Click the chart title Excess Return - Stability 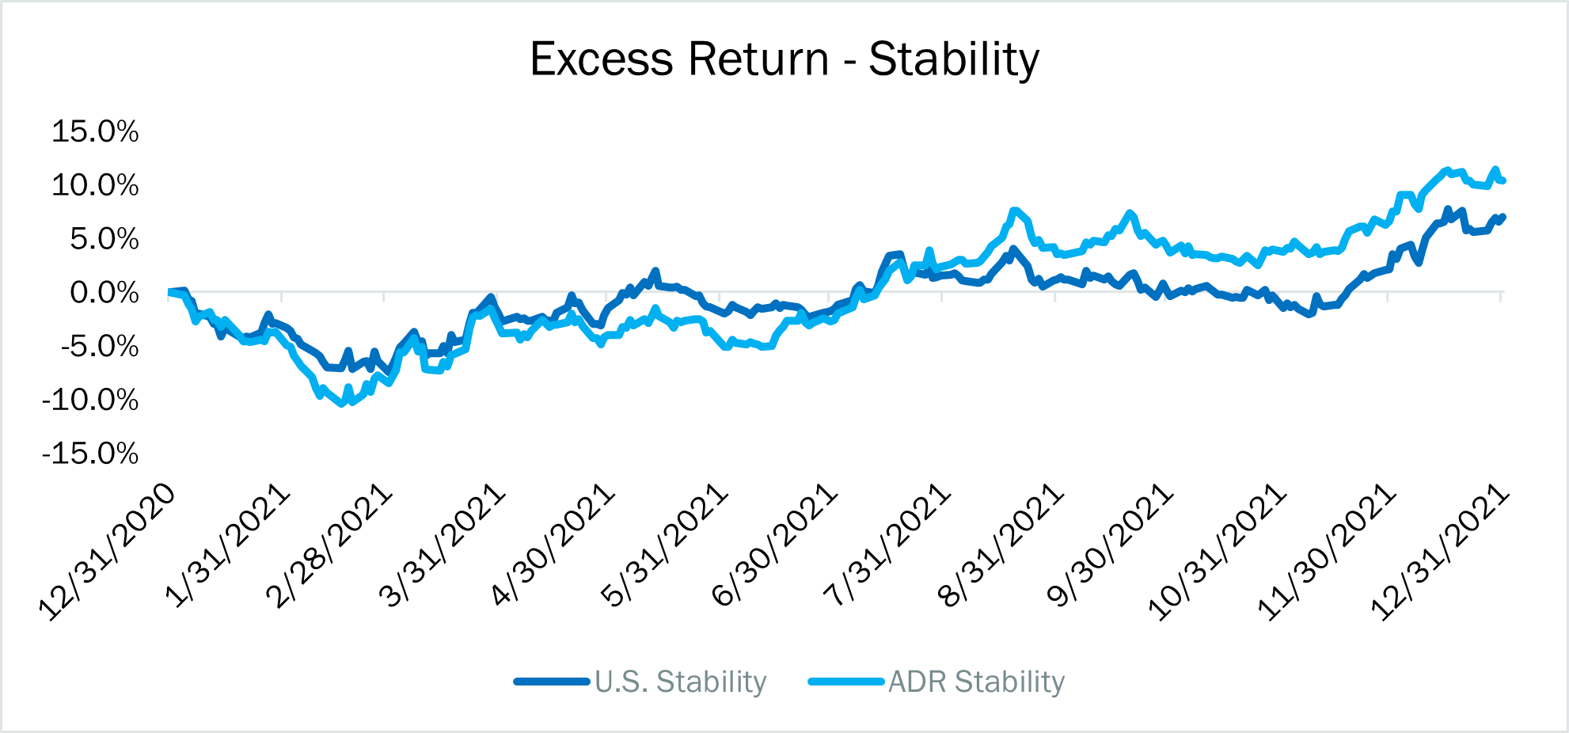point(784,59)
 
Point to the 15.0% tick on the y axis point(95,131)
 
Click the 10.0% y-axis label point(95,185)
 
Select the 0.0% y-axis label point(104,293)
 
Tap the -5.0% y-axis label point(100,347)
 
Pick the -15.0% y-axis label point(90,454)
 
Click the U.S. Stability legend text point(681,682)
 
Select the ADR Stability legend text point(977,682)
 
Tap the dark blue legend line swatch point(552,682)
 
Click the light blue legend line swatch point(845,682)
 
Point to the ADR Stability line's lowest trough point(342,404)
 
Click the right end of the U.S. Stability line point(1503,216)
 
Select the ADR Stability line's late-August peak point(1014,211)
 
